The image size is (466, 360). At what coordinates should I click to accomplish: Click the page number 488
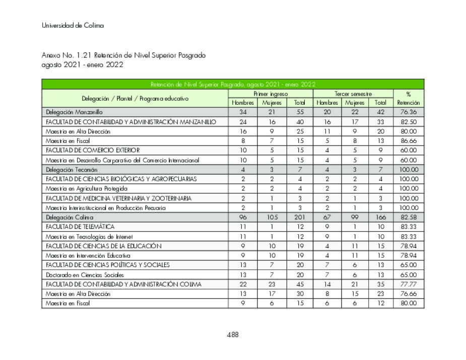coord(232,335)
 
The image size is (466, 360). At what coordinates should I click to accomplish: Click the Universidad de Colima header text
coord(73,26)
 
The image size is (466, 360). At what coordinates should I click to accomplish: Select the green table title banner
coord(232,84)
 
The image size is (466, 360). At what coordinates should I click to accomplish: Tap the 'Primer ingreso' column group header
coord(271,94)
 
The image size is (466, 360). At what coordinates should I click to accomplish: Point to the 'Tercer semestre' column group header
coord(353,94)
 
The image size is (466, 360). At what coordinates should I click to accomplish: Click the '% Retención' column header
coord(408,98)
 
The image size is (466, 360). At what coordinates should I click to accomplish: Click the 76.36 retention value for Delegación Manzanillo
coord(408,112)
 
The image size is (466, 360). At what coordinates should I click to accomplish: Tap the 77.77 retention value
coord(408,284)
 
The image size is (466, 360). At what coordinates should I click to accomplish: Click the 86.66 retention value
coord(408,141)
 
